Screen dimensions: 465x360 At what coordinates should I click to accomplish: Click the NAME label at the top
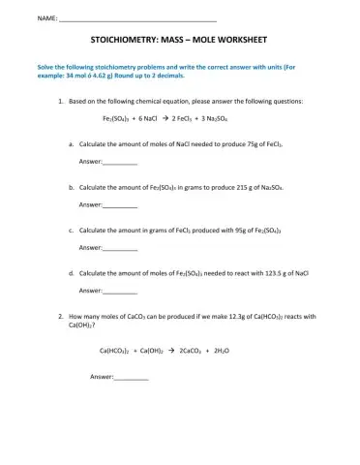(x=46, y=20)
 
